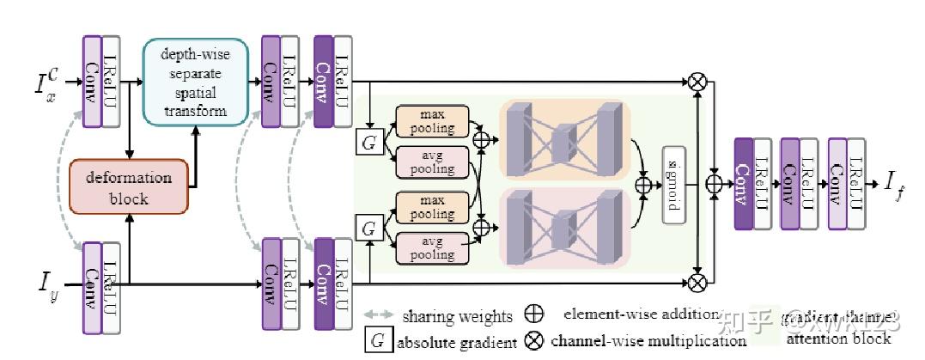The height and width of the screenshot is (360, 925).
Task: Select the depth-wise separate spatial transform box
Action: [x=195, y=82]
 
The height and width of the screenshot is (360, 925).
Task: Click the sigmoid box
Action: [x=674, y=185]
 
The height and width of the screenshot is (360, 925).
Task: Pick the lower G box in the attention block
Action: [x=368, y=229]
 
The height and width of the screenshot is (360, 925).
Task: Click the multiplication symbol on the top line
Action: [x=697, y=82]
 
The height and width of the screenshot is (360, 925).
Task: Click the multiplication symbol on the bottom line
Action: [x=697, y=281]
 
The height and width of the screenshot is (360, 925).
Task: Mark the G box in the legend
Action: [x=377, y=341]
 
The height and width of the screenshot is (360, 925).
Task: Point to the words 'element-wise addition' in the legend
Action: [x=639, y=314]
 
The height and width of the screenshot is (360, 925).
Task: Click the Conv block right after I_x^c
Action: [x=92, y=82]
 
